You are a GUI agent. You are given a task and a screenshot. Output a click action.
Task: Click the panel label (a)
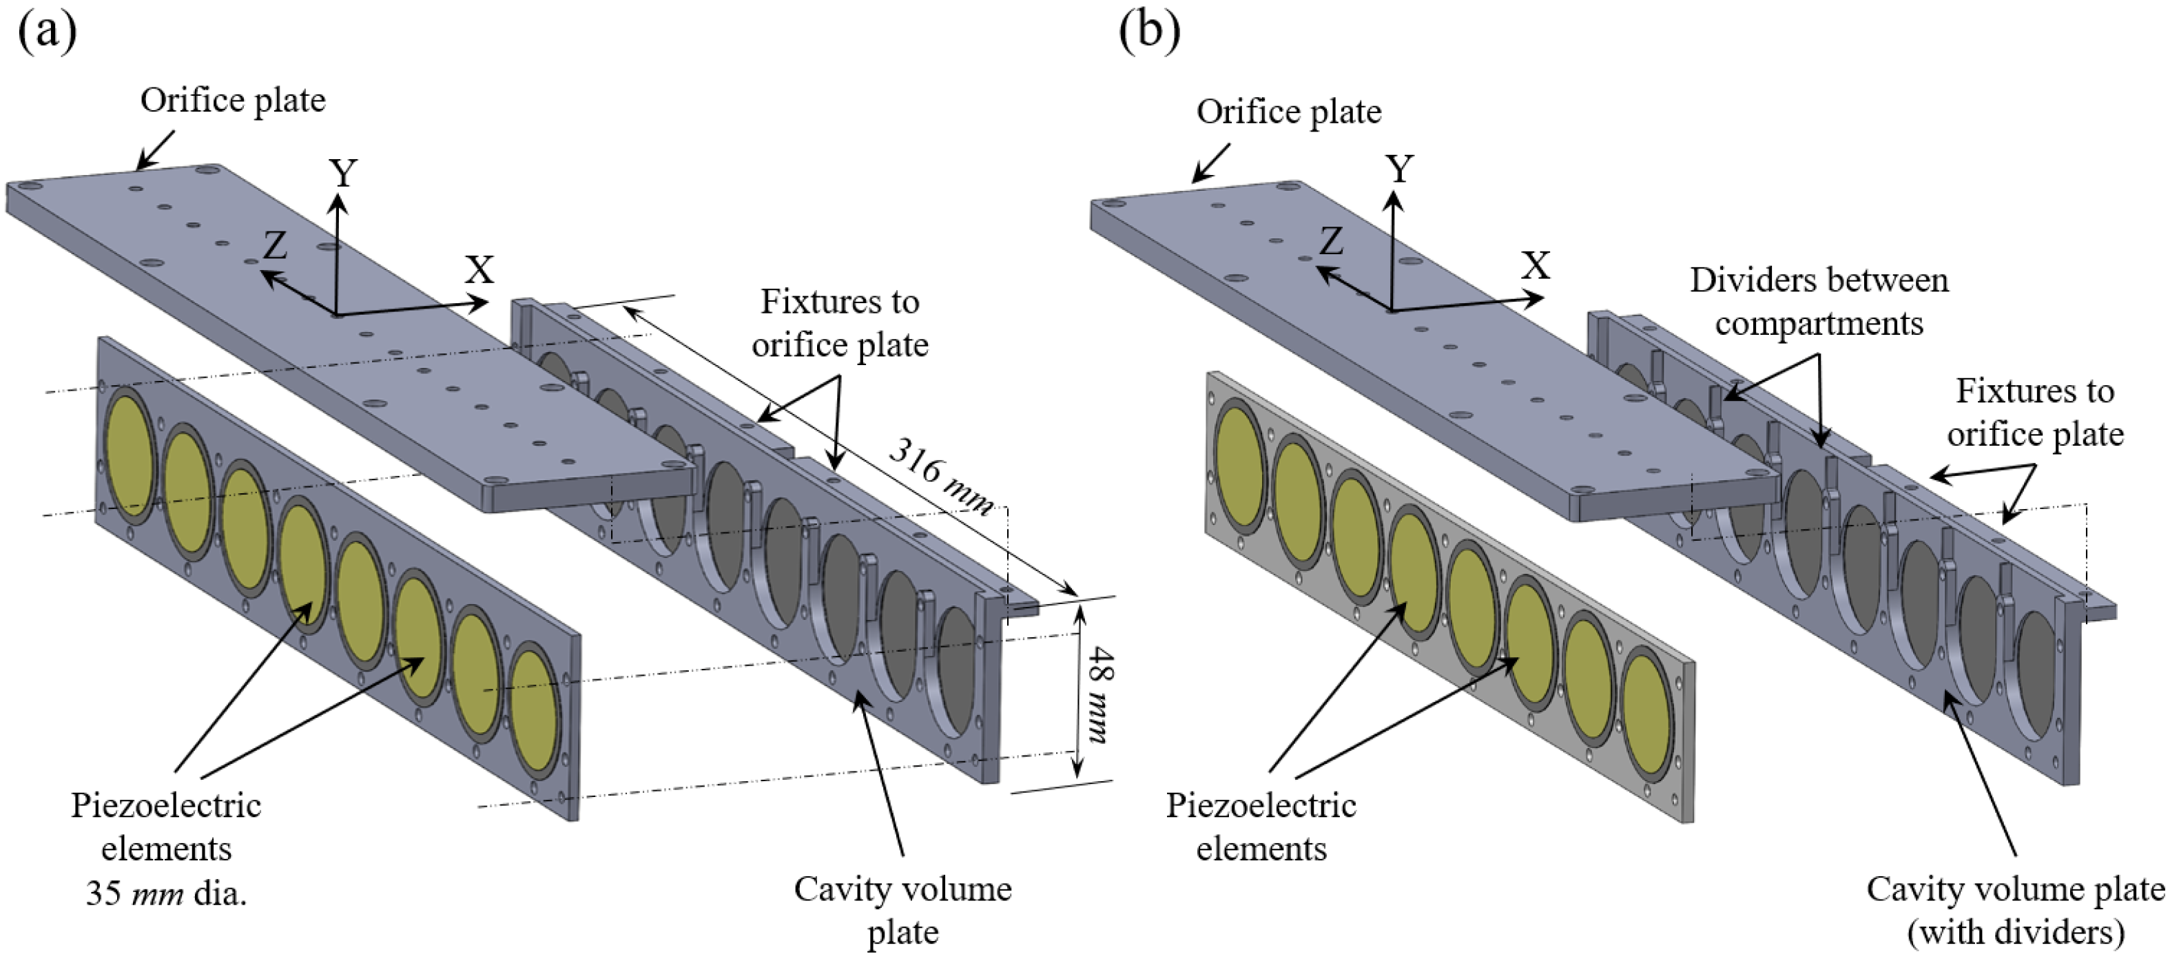click(48, 32)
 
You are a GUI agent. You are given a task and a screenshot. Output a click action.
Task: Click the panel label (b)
click(1148, 32)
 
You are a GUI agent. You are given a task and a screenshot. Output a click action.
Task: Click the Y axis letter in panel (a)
click(342, 174)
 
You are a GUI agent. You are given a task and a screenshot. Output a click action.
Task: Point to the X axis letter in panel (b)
click(1536, 267)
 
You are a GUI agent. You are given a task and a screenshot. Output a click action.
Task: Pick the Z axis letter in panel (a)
click(275, 246)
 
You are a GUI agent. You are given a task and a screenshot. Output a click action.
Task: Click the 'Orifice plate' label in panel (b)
click(1288, 112)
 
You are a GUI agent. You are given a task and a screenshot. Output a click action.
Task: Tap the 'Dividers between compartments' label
click(1819, 302)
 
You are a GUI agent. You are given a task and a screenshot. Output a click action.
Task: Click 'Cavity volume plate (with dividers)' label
click(2016, 910)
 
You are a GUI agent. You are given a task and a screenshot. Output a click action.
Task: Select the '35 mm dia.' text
click(166, 893)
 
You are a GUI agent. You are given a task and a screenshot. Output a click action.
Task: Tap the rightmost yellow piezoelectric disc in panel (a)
click(534, 711)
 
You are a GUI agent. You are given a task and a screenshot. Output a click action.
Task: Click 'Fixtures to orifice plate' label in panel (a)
click(839, 323)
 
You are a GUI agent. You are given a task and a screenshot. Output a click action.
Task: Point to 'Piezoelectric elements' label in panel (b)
click(1261, 827)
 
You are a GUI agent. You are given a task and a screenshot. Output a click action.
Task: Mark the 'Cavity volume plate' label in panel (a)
click(902, 910)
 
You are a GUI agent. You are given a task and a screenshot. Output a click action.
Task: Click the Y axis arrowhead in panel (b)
click(1393, 200)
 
